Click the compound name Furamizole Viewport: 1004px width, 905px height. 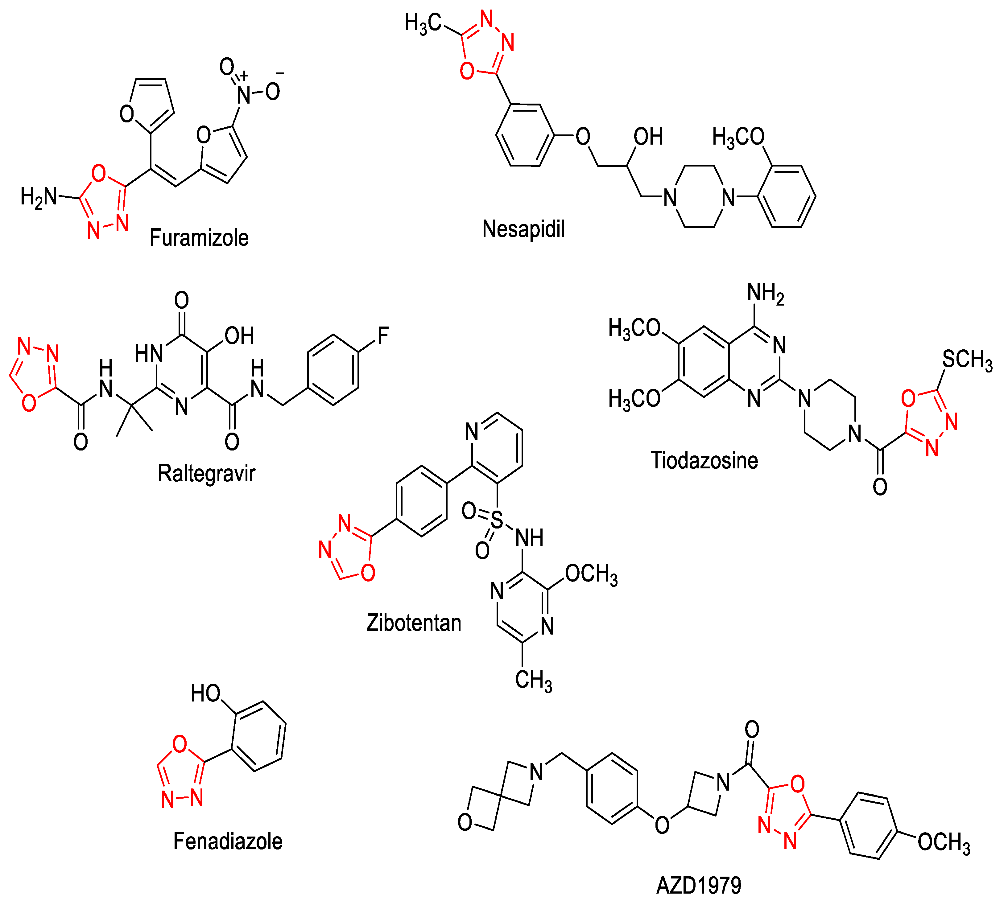click(x=199, y=238)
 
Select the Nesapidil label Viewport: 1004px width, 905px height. click(x=523, y=229)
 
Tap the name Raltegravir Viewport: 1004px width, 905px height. click(x=206, y=473)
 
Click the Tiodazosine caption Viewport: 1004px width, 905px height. click(x=704, y=460)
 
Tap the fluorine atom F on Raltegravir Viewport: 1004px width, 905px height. click(x=382, y=336)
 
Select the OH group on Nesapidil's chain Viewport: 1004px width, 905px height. click(x=648, y=137)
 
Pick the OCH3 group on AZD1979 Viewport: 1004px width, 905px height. click(x=943, y=843)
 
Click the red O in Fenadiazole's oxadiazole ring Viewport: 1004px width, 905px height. click(x=180, y=744)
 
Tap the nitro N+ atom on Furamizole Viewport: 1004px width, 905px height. click(x=244, y=93)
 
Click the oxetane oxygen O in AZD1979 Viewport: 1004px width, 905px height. click(x=465, y=822)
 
